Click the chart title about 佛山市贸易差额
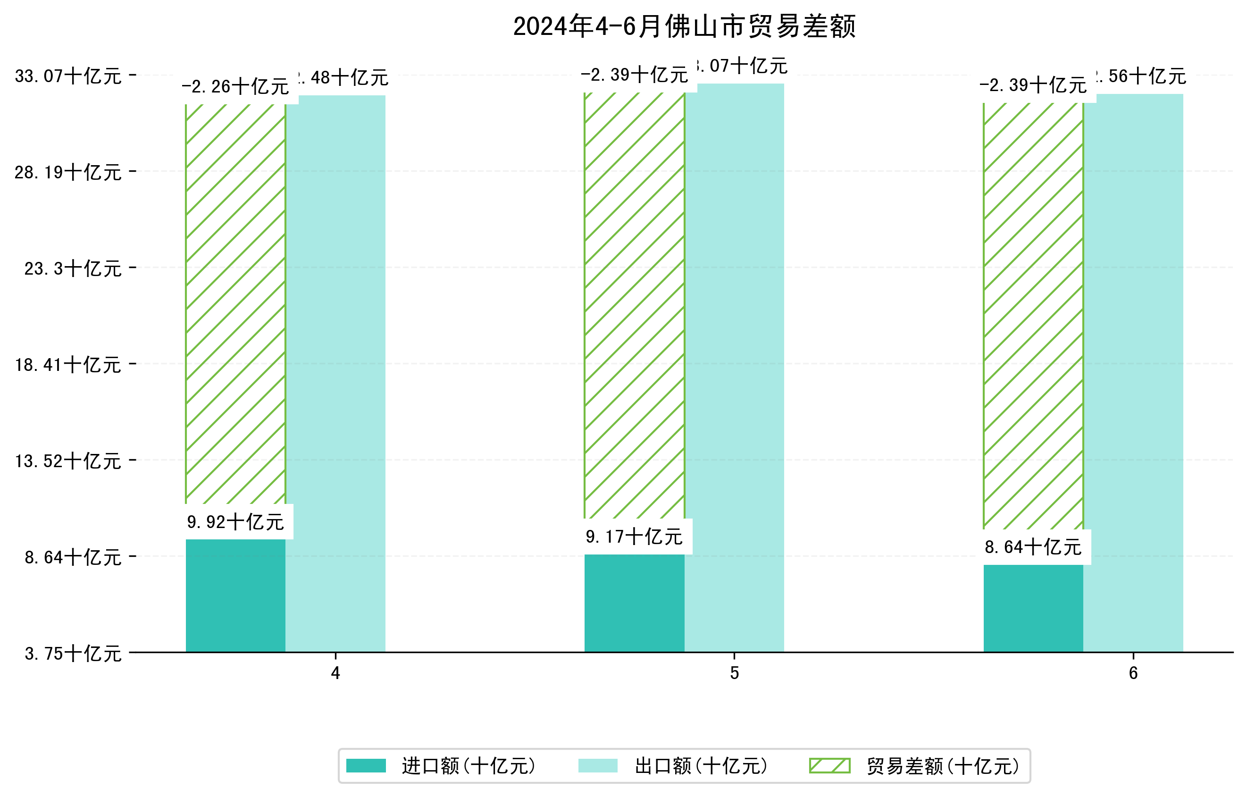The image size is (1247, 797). [684, 26]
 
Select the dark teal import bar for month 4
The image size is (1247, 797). [235, 596]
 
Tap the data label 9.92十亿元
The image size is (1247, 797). [235, 522]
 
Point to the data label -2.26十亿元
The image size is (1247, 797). [235, 87]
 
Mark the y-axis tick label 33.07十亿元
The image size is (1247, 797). [68, 76]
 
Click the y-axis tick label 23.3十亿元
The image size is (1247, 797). [73, 268]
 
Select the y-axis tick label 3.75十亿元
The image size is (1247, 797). [73, 654]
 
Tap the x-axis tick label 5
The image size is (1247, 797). [734, 673]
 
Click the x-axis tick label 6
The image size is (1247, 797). [1133, 673]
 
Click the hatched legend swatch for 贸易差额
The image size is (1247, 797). [829, 765]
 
